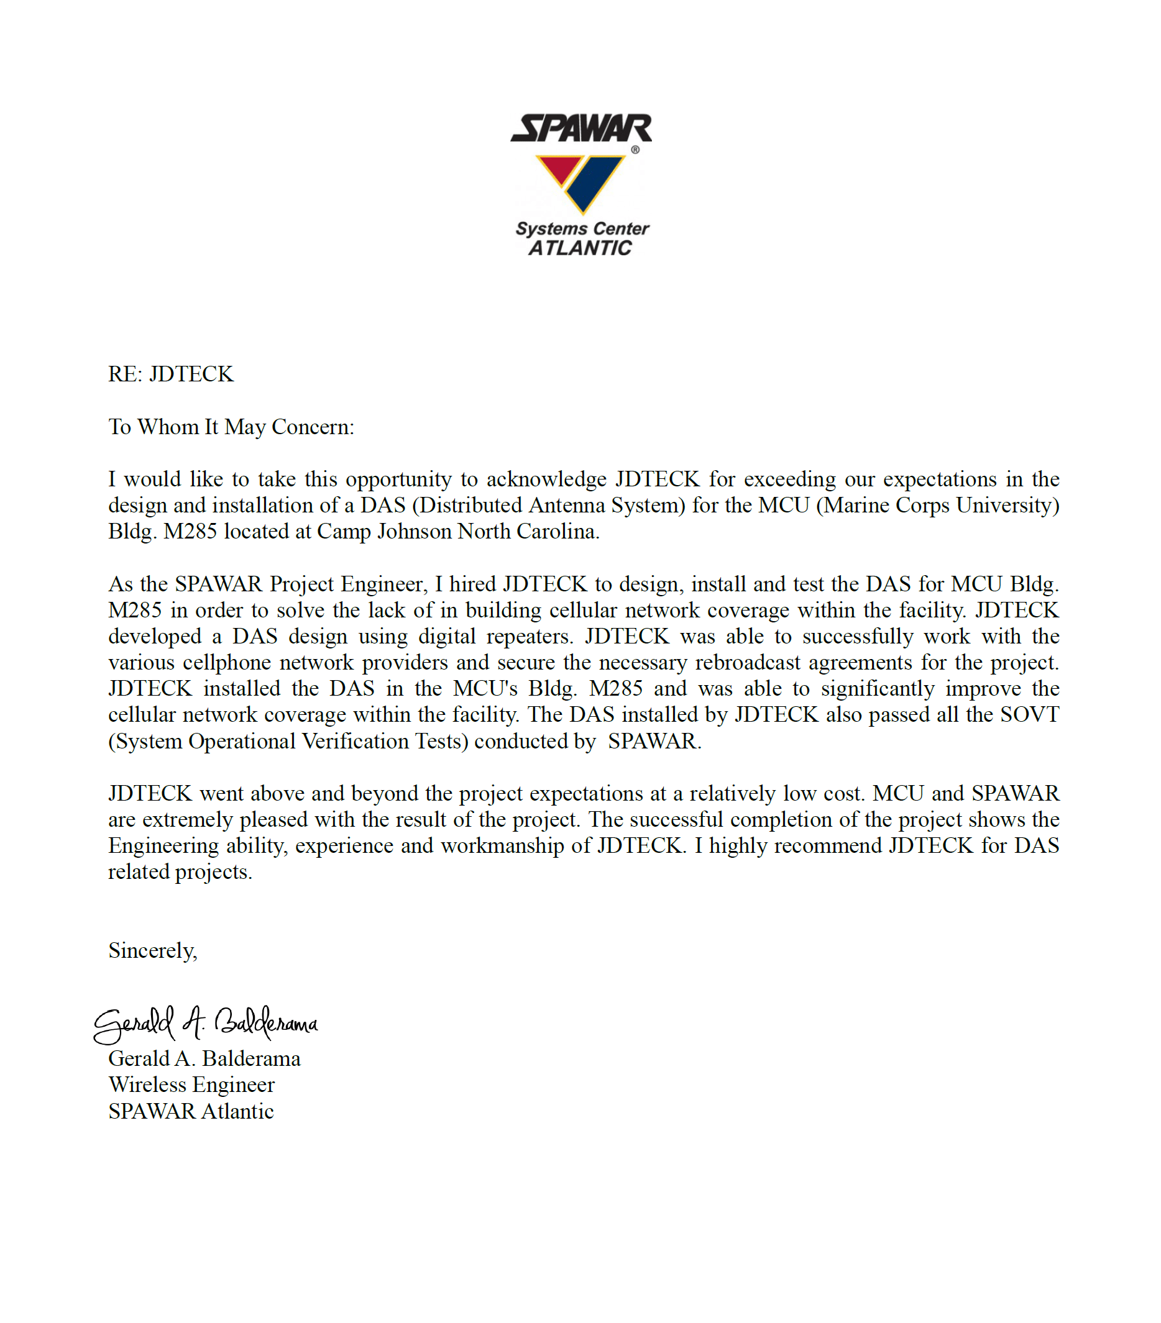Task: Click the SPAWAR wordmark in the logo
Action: click(x=581, y=128)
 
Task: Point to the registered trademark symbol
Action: click(x=635, y=150)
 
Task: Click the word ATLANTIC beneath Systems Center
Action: click(x=579, y=248)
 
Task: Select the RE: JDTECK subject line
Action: click(x=170, y=374)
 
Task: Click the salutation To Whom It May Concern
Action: click(x=231, y=427)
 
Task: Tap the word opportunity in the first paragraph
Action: click(x=398, y=479)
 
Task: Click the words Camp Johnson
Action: click(x=384, y=532)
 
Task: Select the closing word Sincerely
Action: click(x=152, y=951)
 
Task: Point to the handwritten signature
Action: click(x=206, y=1024)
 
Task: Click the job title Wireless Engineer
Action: click(x=191, y=1085)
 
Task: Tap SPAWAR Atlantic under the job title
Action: click(x=191, y=1111)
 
